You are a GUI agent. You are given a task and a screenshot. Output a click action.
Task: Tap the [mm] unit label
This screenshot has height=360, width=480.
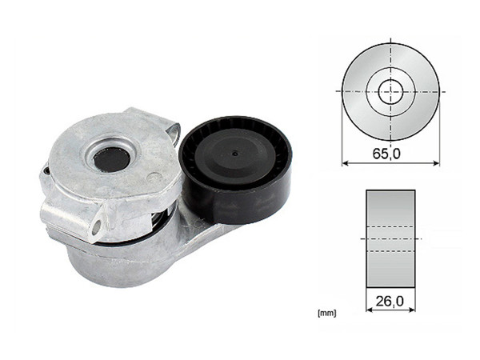[326, 312]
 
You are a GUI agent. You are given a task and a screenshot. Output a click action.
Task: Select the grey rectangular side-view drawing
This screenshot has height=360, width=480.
[390, 238]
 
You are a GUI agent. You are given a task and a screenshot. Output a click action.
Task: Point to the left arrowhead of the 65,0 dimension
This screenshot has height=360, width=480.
[345, 162]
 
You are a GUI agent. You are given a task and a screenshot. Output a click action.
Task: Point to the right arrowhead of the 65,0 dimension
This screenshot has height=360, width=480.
[437, 162]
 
